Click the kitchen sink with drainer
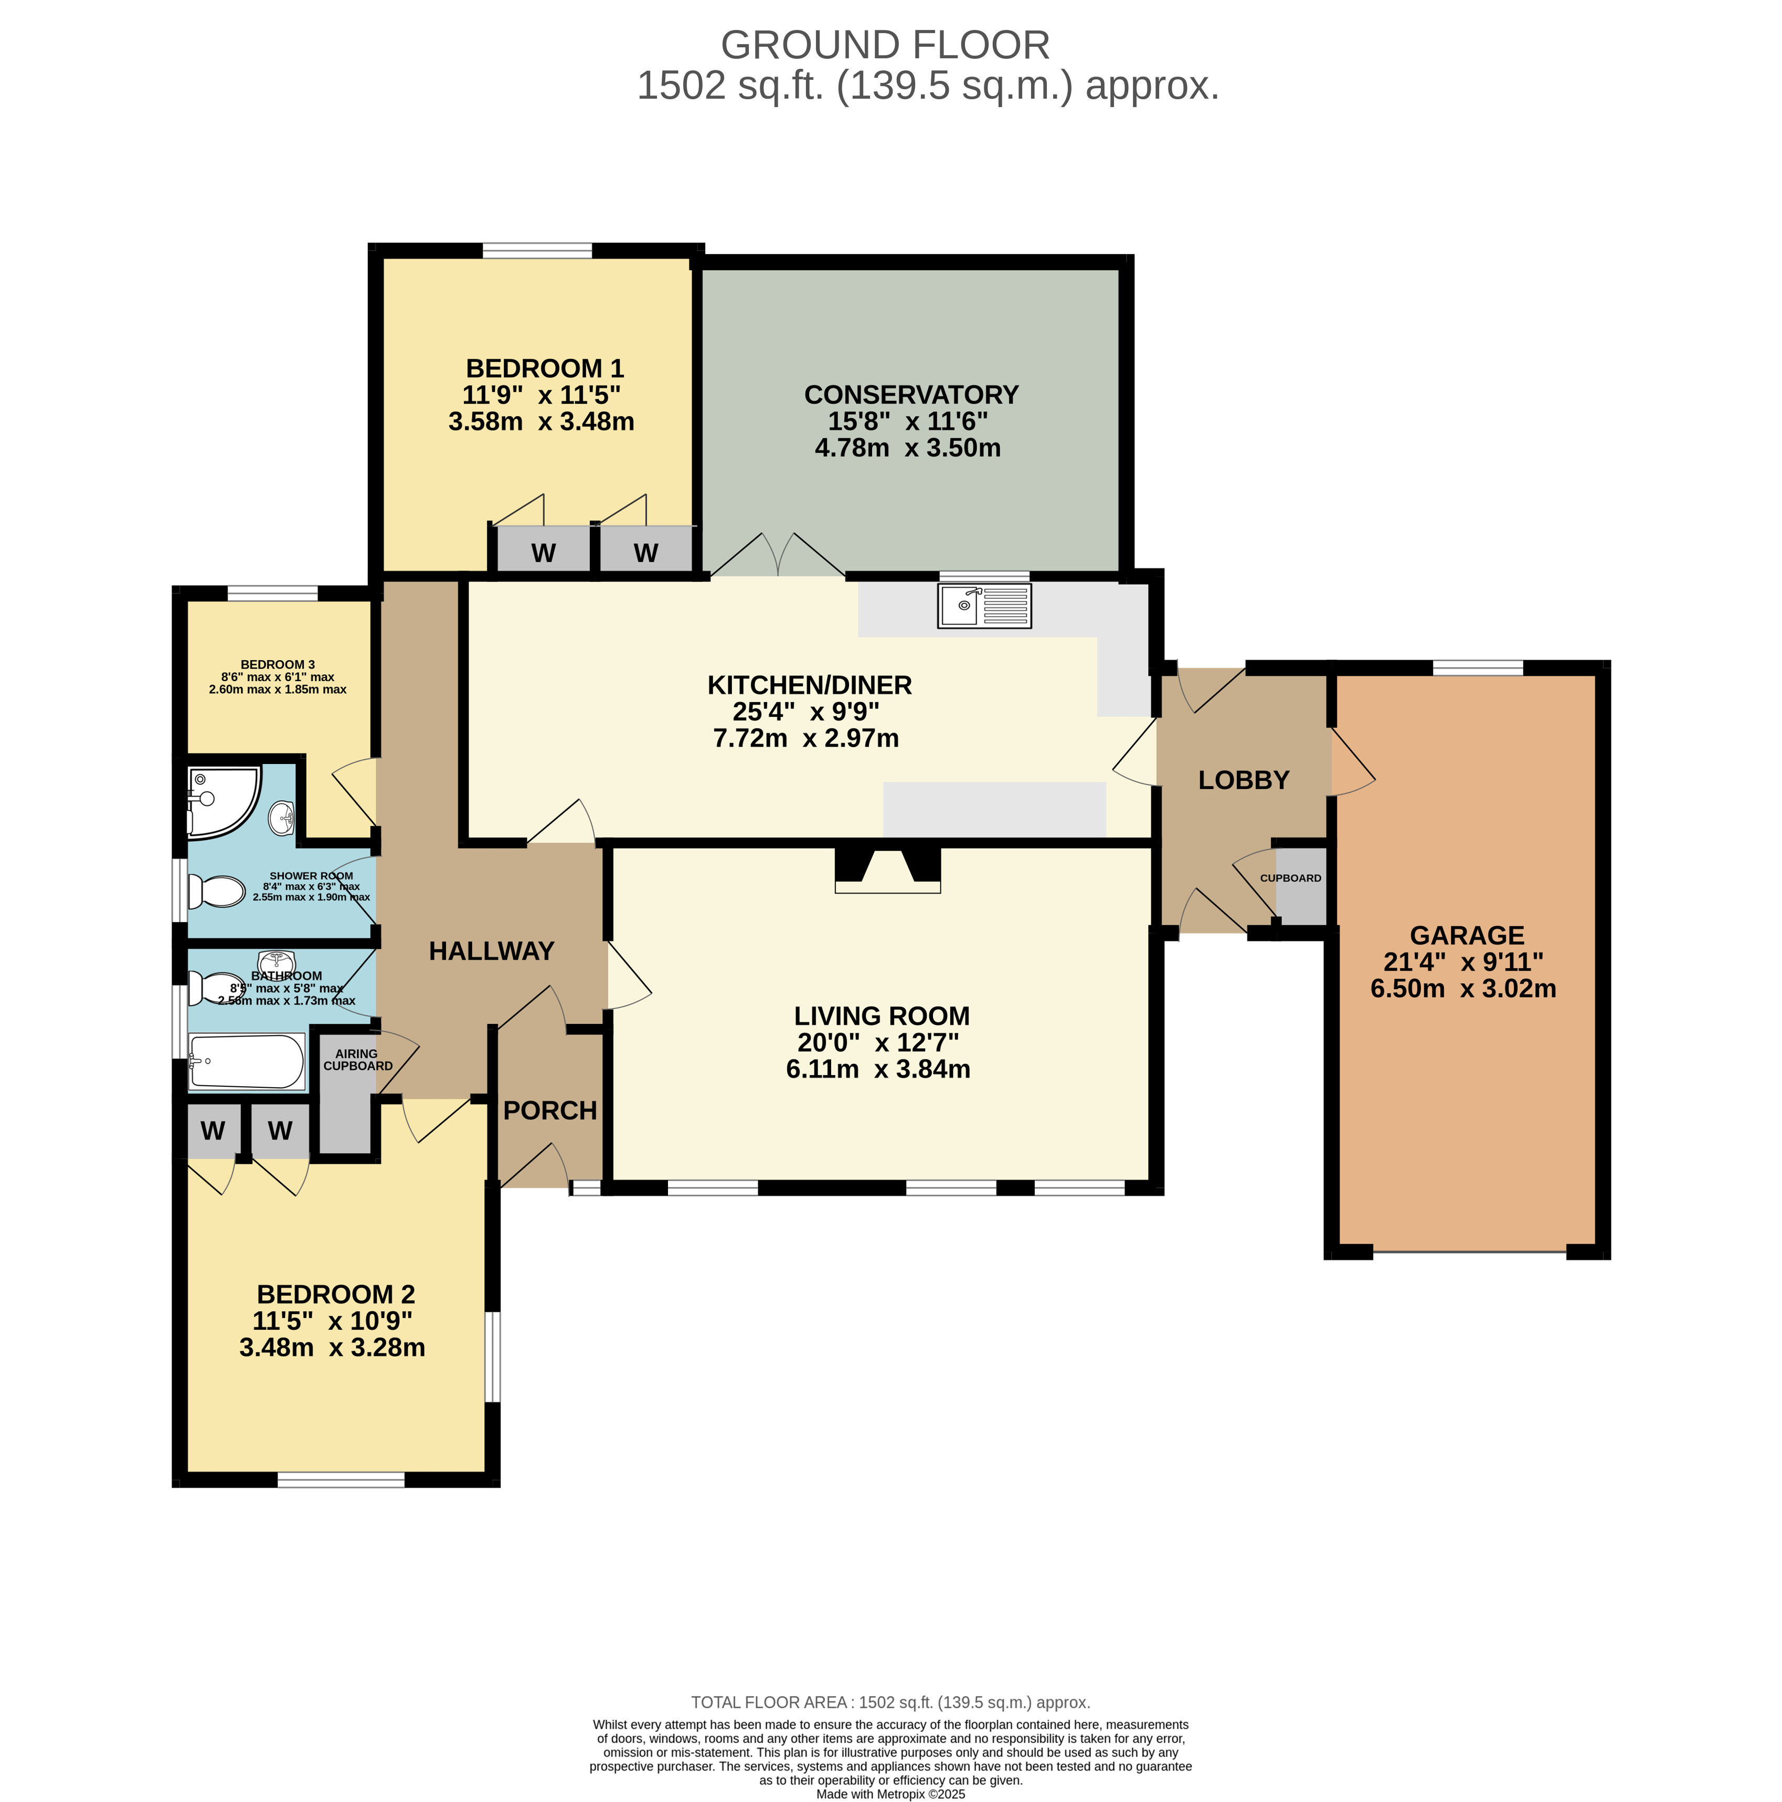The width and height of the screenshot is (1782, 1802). point(984,606)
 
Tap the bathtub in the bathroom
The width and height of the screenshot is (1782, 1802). point(247,1062)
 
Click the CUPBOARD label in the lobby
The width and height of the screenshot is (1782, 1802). point(1290,878)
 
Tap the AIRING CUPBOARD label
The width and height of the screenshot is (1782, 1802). point(358,1059)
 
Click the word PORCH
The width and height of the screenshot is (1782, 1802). point(550,1111)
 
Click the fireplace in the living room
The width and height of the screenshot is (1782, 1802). point(888,870)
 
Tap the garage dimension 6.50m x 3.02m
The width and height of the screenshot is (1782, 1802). point(1463,989)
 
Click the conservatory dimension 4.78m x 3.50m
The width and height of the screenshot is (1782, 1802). point(908,448)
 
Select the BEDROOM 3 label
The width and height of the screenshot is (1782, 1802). point(278,665)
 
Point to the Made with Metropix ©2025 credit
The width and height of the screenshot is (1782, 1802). point(890,1794)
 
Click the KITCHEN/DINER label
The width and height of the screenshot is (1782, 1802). point(810,685)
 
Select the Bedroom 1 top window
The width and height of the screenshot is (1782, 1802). point(537,250)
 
